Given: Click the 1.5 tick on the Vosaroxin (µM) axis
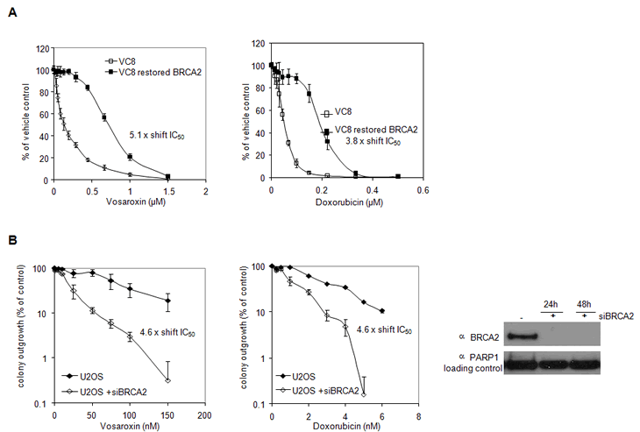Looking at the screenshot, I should coord(167,190).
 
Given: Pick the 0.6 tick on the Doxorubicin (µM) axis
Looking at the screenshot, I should coord(421,190).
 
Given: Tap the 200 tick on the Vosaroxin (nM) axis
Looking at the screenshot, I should coord(204,415).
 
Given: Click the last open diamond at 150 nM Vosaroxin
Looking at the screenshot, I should coord(167,379).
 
